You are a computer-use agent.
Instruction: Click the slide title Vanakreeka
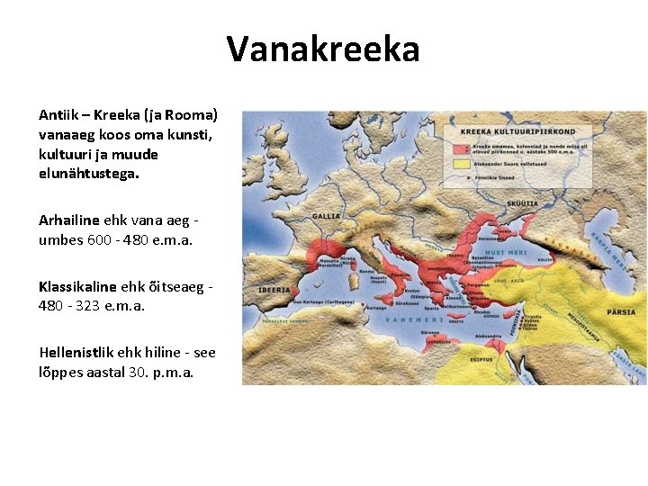(323, 49)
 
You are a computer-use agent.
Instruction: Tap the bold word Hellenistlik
(76, 352)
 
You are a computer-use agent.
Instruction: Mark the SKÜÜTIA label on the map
(522, 204)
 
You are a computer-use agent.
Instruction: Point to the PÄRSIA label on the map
(620, 312)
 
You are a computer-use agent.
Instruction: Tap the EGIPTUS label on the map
(480, 358)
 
